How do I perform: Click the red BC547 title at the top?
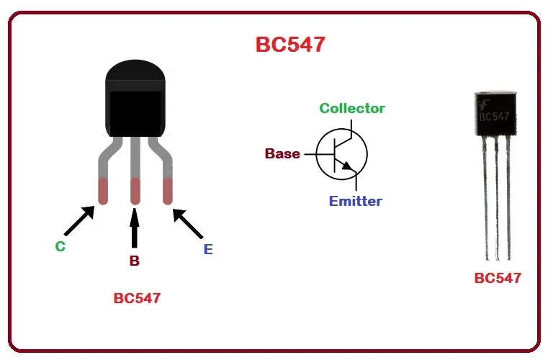[290, 45]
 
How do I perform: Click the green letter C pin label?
[60, 246]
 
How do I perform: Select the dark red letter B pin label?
[135, 261]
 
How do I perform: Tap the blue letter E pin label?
[208, 250]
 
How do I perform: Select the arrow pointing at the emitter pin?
[189, 223]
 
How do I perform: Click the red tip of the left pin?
[103, 191]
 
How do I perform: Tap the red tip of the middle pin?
[135, 191]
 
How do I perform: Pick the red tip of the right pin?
[168, 191]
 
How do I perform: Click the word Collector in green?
[352, 109]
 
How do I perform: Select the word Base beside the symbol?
[282, 153]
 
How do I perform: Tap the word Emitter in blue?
[356, 201]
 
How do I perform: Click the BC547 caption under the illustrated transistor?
[137, 298]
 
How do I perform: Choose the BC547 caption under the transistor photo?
[498, 278]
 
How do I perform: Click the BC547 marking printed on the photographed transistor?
[495, 115]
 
